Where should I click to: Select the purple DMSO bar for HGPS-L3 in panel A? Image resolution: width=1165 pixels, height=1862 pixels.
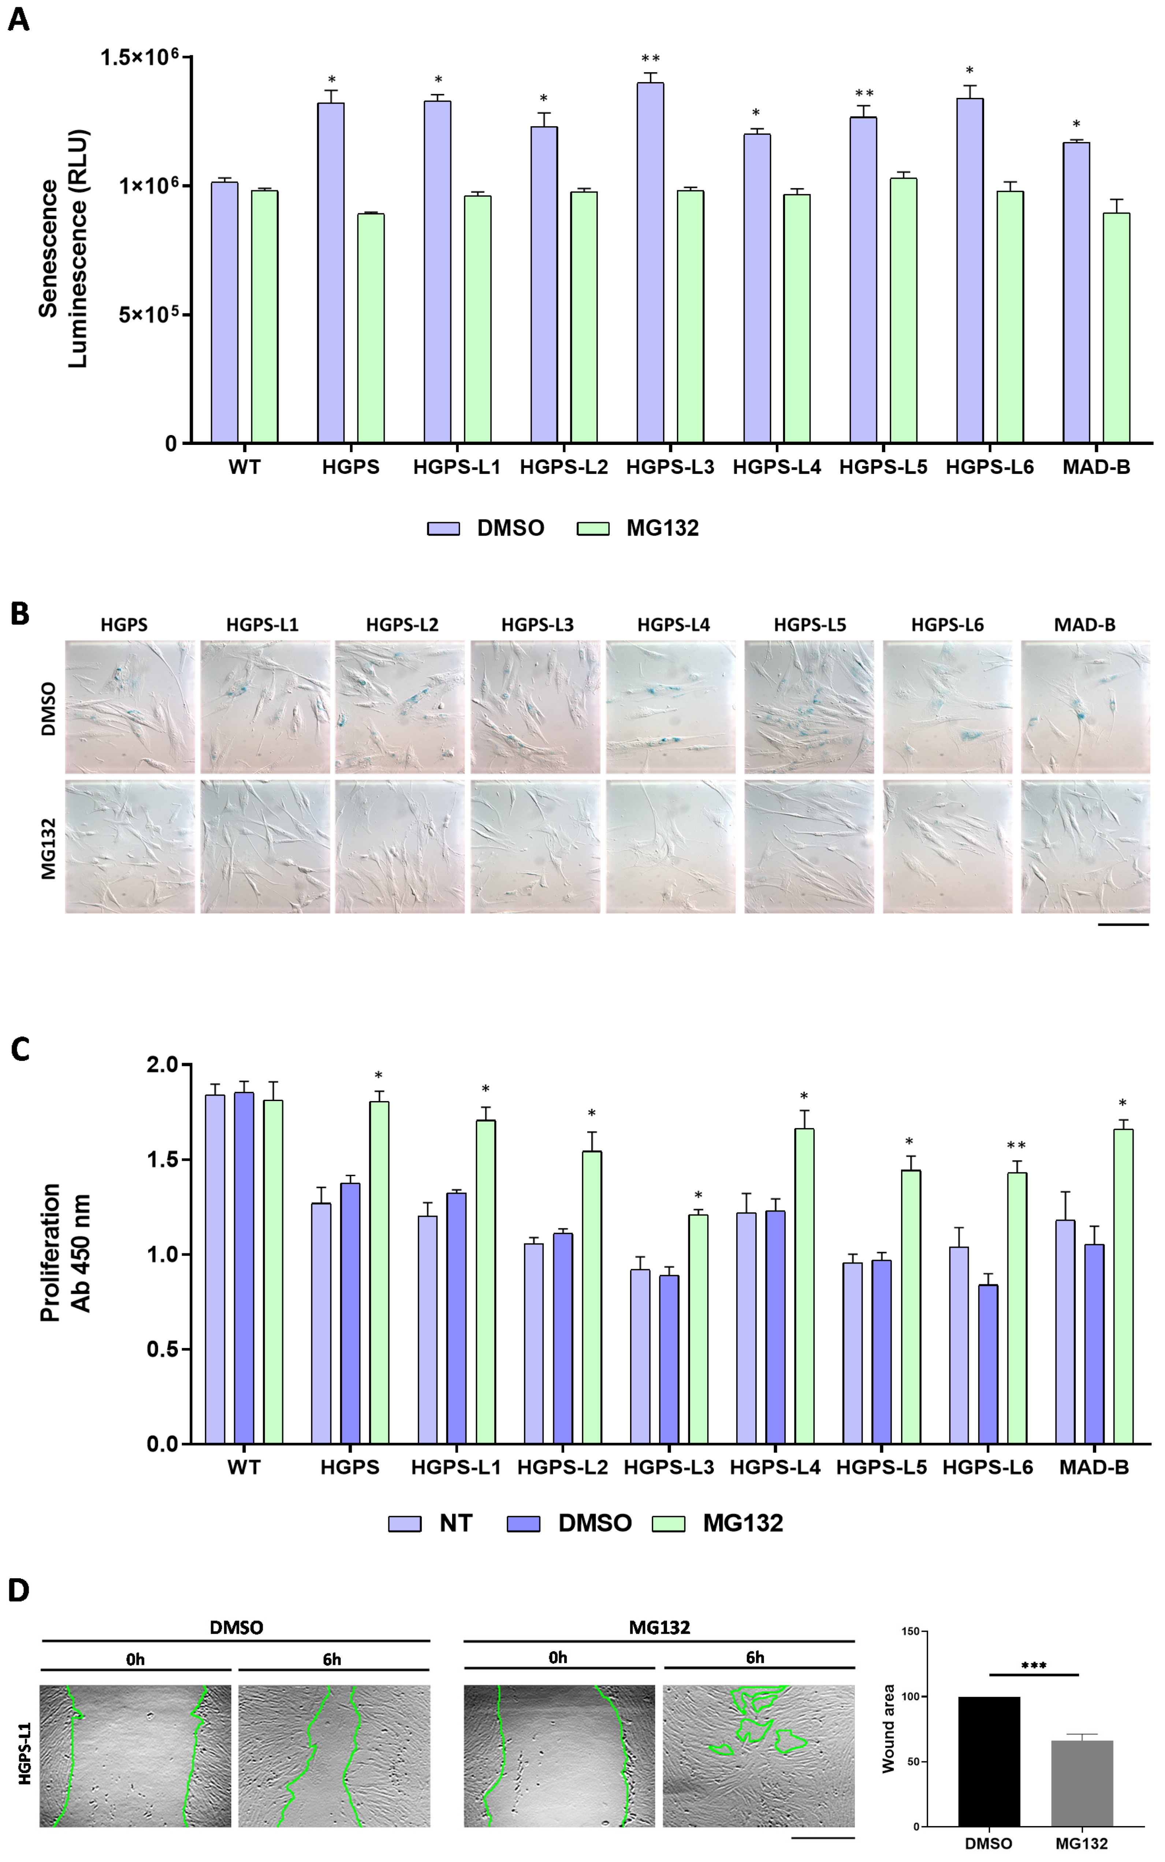click(650, 262)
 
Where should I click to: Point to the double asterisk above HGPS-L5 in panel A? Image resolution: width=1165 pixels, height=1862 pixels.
click(864, 94)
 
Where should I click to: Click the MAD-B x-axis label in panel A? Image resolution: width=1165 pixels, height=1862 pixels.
click(1096, 467)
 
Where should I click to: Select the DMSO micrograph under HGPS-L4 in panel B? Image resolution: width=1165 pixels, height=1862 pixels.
click(670, 706)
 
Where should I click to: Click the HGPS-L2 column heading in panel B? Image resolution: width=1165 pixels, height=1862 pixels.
click(402, 625)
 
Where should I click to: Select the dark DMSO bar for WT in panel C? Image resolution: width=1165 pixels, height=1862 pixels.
click(244, 1267)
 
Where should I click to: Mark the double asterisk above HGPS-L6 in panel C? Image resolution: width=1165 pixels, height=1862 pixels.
click(1016, 1145)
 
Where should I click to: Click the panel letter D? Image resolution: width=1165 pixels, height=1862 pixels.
click(19, 1591)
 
